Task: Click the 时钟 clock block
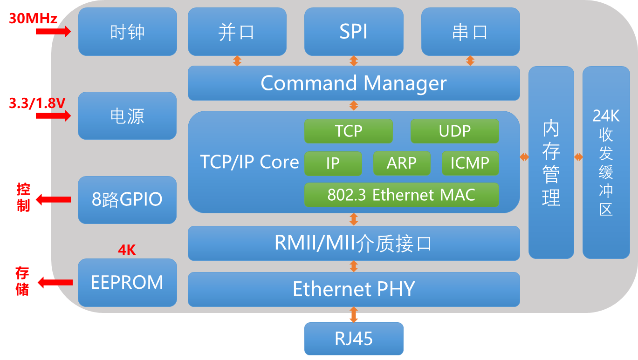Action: [x=127, y=32]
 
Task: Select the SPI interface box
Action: [x=353, y=32]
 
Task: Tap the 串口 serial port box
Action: [x=470, y=32]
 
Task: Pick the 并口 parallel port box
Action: [x=237, y=32]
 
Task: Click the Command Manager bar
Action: [x=353, y=83]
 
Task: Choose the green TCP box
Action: [x=348, y=131]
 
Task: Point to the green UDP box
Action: [x=454, y=131]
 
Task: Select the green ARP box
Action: [x=401, y=163]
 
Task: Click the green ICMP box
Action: [x=470, y=163]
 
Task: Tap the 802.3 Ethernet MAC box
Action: [x=401, y=195]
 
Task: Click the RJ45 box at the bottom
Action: [x=354, y=339]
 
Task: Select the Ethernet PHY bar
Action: [x=353, y=289]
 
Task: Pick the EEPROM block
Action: [x=127, y=282]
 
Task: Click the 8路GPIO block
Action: [x=127, y=199]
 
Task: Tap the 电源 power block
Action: [x=127, y=115]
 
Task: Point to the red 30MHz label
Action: [x=33, y=19]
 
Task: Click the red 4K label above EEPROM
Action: [x=127, y=250]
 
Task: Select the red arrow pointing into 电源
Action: [x=53, y=115]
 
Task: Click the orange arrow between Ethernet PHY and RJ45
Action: [x=354, y=314]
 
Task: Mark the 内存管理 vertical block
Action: [x=551, y=162]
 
